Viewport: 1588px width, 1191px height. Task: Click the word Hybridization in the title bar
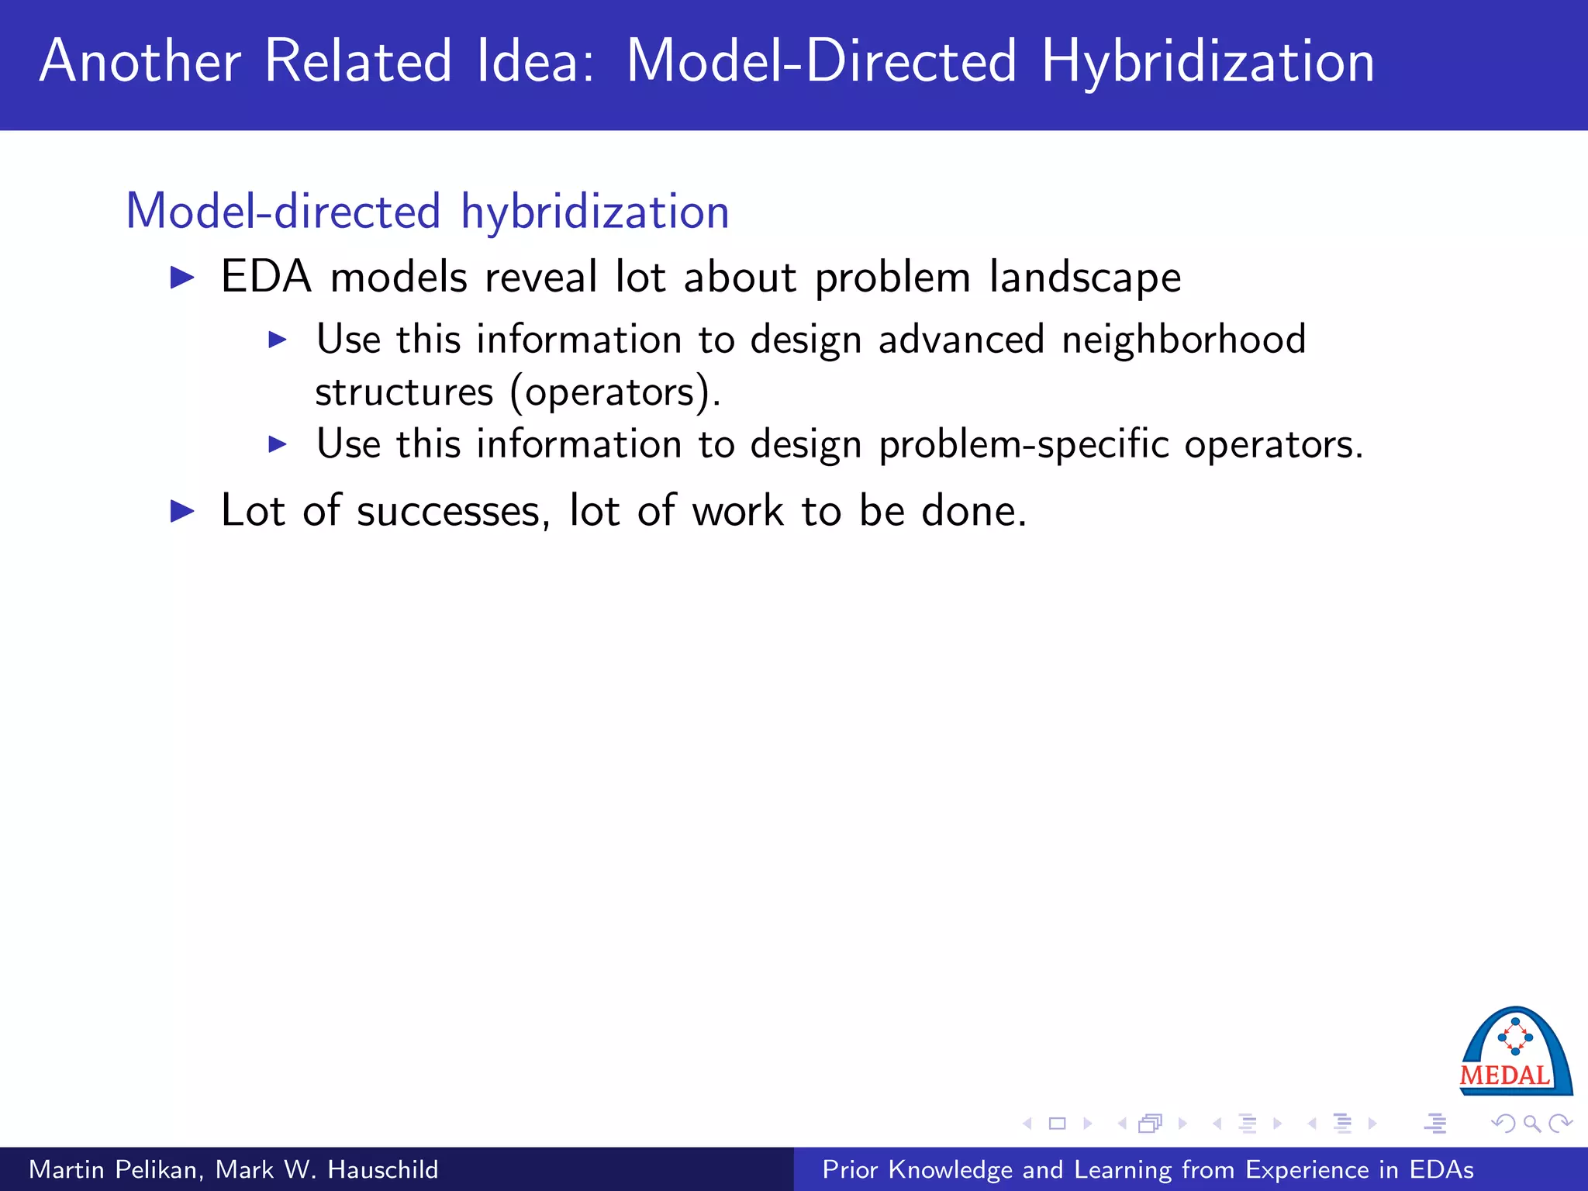(x=1207, y=62)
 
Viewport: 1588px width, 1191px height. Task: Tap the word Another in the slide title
(x=140, y=62)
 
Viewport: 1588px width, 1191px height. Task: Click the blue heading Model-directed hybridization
(x=427, y=211)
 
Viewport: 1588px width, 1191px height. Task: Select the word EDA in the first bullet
(x=266, y=277)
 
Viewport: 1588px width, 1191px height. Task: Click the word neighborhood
(x=1183, y=340)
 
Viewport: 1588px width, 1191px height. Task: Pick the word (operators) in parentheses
(x=616, y=392)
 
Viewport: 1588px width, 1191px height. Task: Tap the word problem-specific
(x=1024, y=445)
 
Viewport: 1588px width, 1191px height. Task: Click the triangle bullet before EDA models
(x=182, y=278)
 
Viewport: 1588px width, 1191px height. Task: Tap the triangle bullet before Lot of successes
(x=182, y=511)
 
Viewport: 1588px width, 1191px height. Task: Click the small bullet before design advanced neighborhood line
(x=278, y=340)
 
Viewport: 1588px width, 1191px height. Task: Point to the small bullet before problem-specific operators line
(x=278, y=444)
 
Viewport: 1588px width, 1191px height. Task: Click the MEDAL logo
(x=1515, y=1053)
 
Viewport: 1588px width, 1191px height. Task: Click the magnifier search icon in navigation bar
(x=1531, y=1124)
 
